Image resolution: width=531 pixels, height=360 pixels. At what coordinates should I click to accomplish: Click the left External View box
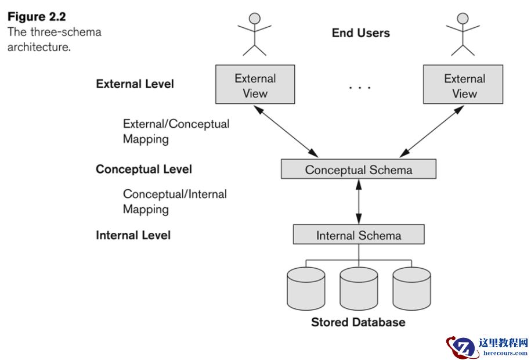point(255,85)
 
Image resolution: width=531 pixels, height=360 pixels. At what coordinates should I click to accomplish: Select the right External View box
point(463,85)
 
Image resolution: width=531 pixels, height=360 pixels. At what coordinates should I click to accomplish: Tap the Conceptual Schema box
point(358,170)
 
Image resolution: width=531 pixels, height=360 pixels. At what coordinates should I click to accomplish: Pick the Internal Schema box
point(358,235)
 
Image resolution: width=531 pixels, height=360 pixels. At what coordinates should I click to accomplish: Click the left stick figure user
point(254,33)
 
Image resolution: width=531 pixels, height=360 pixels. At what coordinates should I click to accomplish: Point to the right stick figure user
point(463,33)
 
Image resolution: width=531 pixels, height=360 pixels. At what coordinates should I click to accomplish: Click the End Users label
point(360,33)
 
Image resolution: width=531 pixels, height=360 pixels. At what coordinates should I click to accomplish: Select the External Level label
point(135,84)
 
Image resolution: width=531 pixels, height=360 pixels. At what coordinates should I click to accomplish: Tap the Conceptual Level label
point(144,170)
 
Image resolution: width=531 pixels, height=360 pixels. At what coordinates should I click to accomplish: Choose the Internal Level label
point(133,235)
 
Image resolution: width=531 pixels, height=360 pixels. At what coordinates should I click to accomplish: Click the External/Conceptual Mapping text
point(176,131)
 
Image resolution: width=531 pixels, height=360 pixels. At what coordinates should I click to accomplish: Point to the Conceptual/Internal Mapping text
point(175,201)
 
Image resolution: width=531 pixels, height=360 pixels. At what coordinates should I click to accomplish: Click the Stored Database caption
point(358,322)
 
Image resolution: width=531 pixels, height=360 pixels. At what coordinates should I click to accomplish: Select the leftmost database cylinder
point(306,288)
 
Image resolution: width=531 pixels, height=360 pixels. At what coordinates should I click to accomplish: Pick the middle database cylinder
point(359,288)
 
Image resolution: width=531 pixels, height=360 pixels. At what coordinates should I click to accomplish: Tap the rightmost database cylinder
point(411,288)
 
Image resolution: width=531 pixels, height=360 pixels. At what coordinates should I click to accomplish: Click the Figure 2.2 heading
point(37,16)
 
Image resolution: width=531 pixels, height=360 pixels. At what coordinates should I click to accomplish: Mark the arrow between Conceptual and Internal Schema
point(359,202)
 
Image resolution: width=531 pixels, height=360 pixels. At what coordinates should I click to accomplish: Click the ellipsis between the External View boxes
point(359,88)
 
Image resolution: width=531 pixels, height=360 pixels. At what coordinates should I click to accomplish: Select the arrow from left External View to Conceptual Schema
point(288,131)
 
